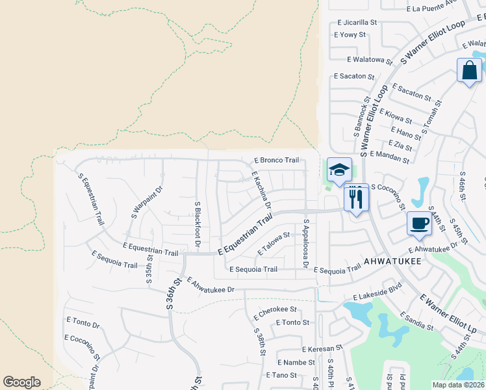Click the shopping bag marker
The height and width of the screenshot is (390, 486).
click(x=469, y=70)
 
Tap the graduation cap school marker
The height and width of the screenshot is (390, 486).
click(x=339, y=170)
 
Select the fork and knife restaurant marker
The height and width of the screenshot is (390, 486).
click(x=356, y=197)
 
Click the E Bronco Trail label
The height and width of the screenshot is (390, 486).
click(x=276, y=160)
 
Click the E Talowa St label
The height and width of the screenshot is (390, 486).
click(x=273, y=244)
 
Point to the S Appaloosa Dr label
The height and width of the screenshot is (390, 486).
click(x=305, y=243)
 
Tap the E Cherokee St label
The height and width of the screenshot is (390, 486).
click(x=275, y=309)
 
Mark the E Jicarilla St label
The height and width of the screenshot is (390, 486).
click(x=355, y=22)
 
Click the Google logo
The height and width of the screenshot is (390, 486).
click(x=21, y=382)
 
